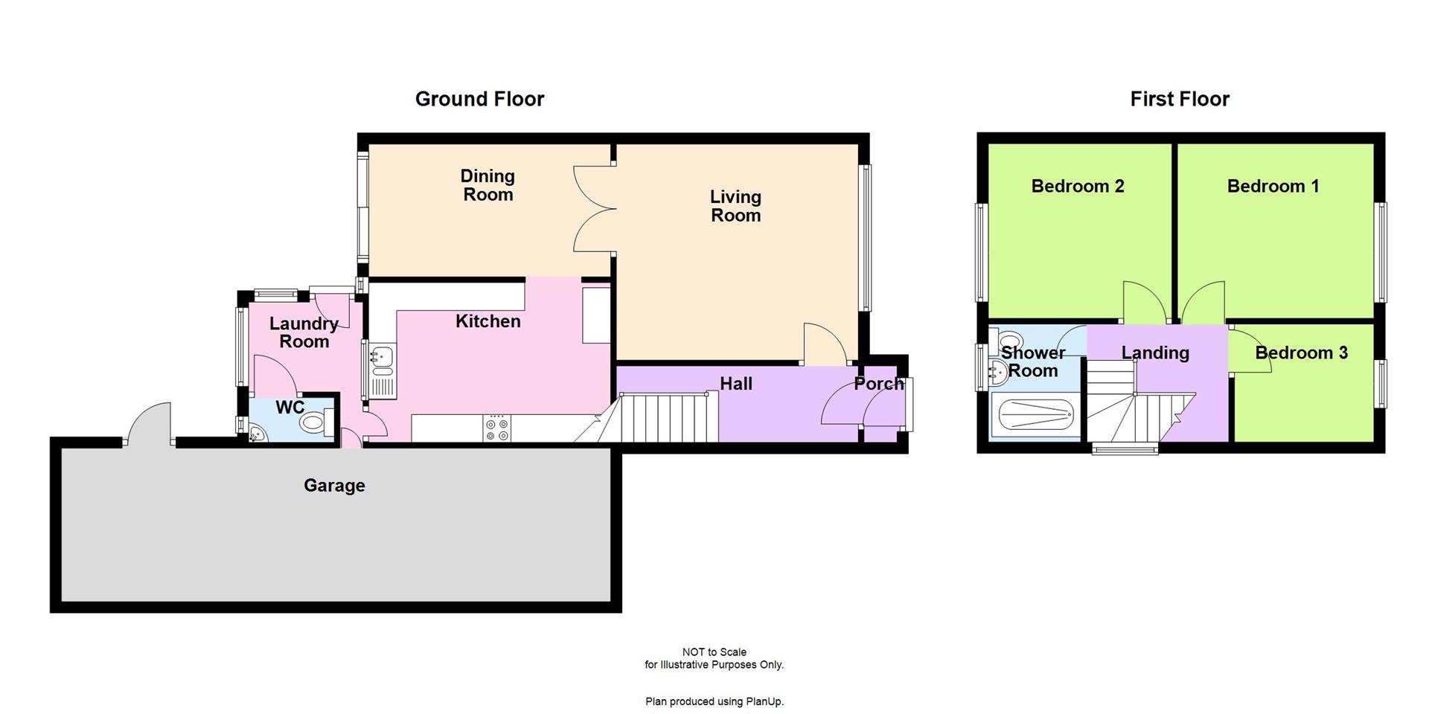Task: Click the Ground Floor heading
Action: tap(479, 99)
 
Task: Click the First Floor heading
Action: tap(1180, 99)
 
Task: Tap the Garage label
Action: tap(334, 486)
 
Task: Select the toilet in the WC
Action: tap(316, 423)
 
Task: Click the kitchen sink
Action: tap(382, 357)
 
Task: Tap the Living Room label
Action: tap(735, 206)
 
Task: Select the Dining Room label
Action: tap(487, 185)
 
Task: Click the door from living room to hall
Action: tap(825, 344)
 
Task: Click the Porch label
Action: tap(878, 384)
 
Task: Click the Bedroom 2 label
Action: tap(1077, 186)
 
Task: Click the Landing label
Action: tap(1155, 353)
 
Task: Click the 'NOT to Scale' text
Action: tap(714, 652)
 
